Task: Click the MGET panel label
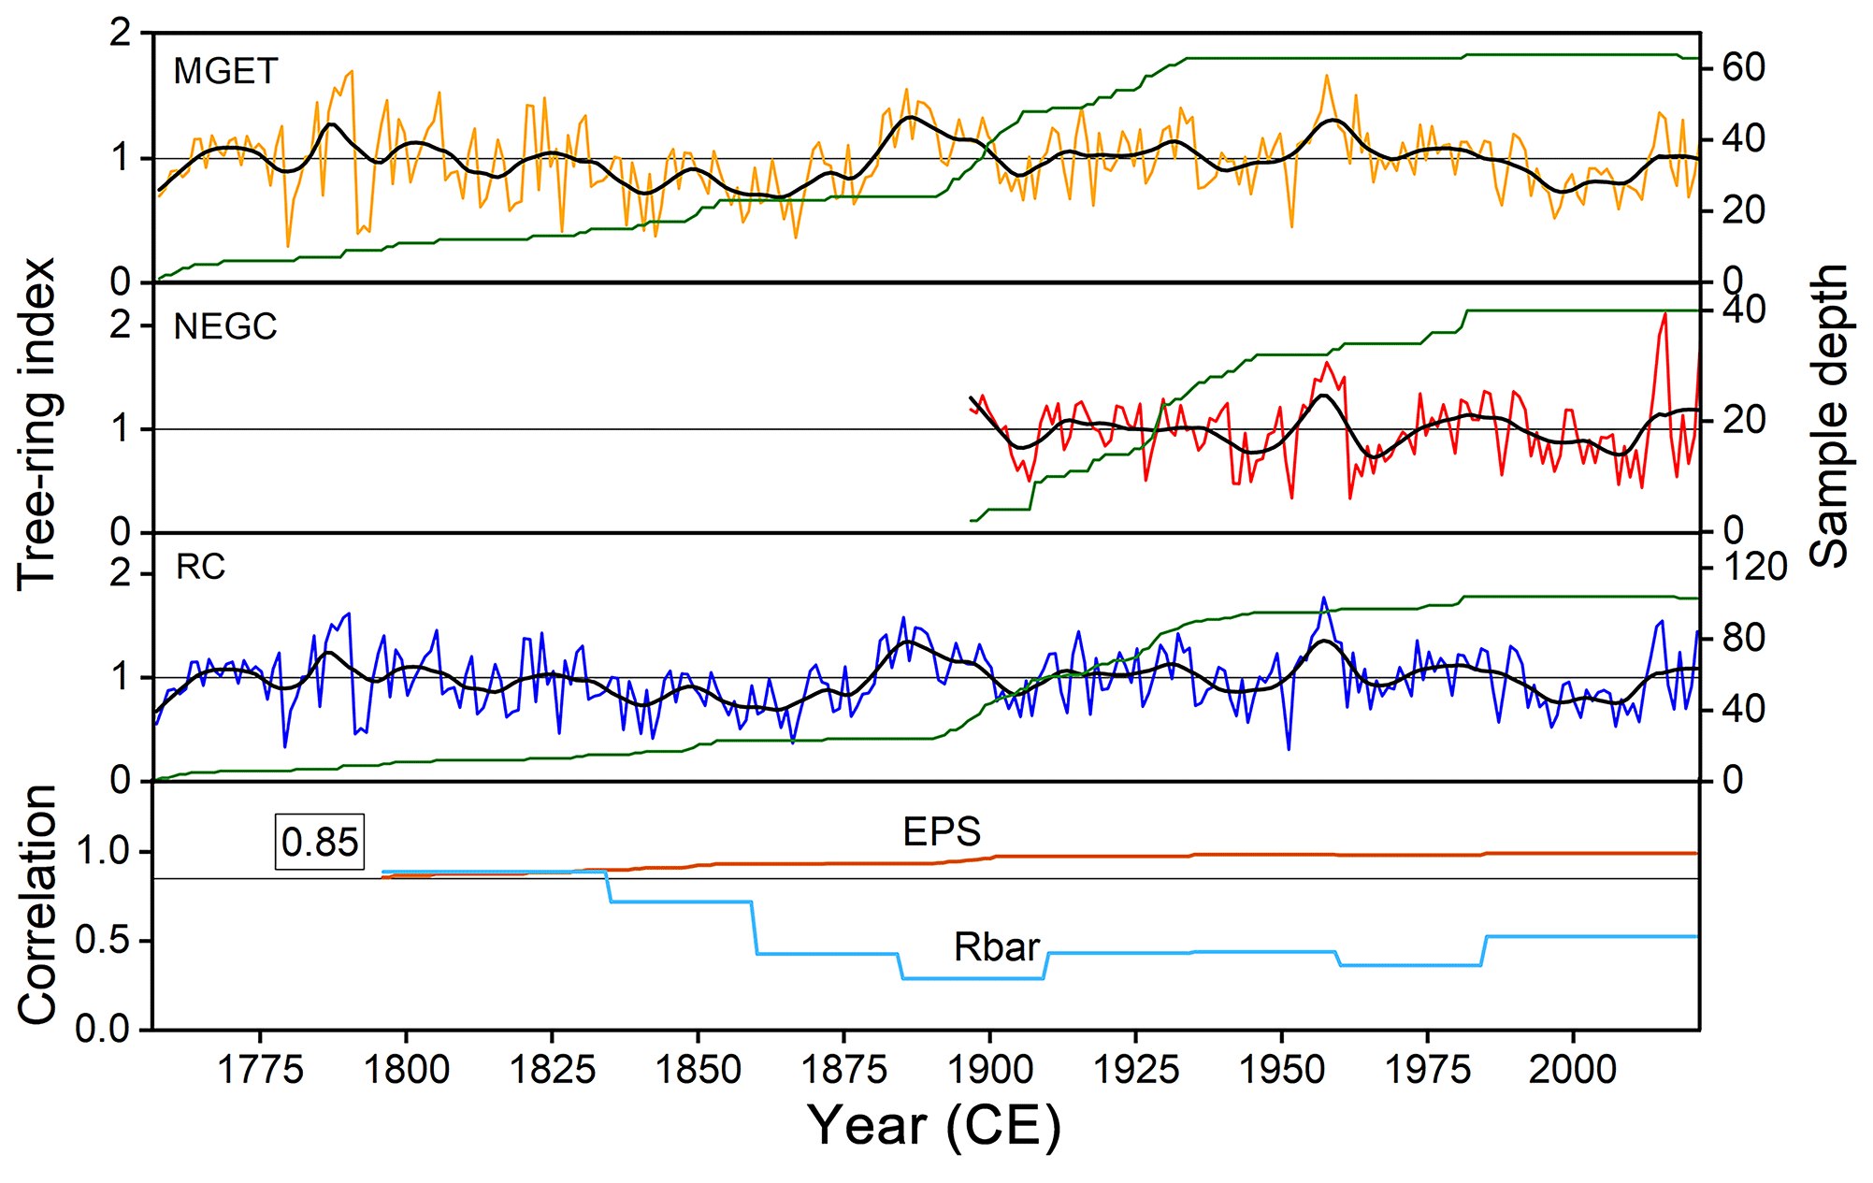(x=225, y=72)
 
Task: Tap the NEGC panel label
(x=225, y=326)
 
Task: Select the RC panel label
(x=201, y=568)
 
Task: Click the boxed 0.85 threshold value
(x=319, y=843)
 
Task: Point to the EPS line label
(x=941, y=831)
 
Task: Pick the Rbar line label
(x=996, y=947)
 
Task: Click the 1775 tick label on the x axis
(x=260, y=1069)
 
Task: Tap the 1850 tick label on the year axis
(x=698, y=1069)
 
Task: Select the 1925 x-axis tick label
(x=1136, y=1069)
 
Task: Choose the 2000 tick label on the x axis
(x=1573, y=1069)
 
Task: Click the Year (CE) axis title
(x=934, y=1125)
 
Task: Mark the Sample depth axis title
(x=1829, y=416)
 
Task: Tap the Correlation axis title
(x=38, y=904)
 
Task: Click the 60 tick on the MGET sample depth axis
(x=1743, y=68)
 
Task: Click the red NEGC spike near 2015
(x=1664, y=315)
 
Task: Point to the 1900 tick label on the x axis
(x=990, y=1069)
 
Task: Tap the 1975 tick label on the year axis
(x=1428, y=1069)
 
